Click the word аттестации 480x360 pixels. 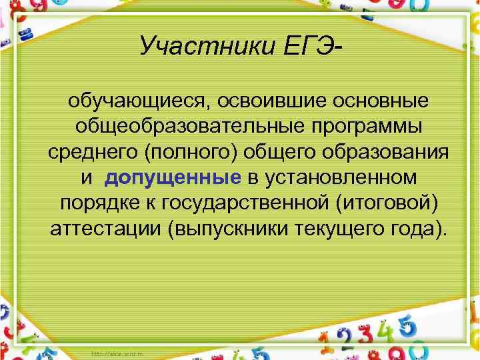click(106, 229)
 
